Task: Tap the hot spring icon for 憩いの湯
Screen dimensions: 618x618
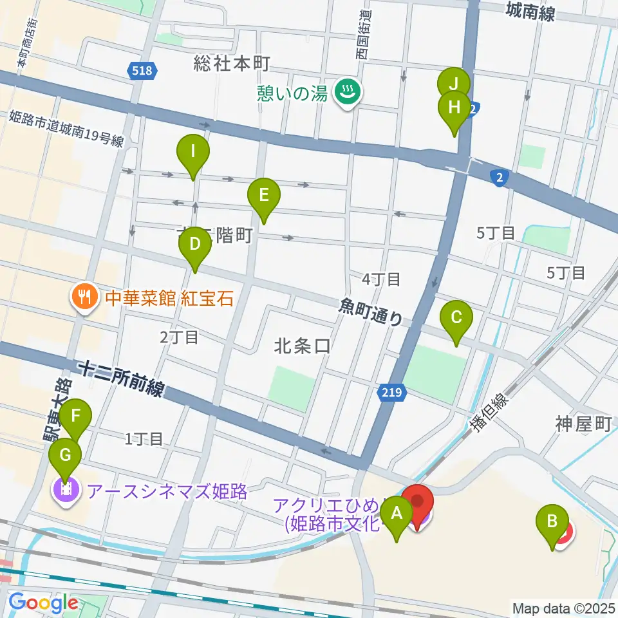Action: [x=348, y=94]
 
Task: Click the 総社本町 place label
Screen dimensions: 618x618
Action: [x=231, y=63]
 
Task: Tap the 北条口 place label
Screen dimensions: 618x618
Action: [x=302, y=346]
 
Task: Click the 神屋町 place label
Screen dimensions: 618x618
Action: [x=582, y=424]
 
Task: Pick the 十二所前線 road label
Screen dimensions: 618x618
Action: [x=122, y=378]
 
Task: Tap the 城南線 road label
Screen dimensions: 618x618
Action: [x=530, y=11]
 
